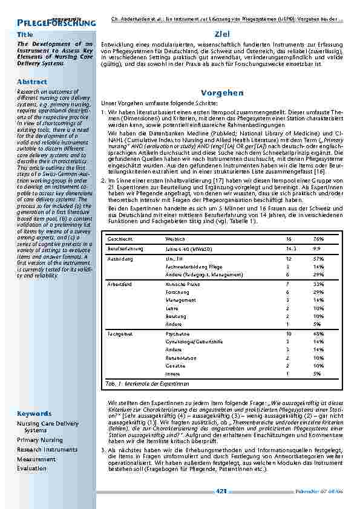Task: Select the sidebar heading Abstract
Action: click(x=28, y=81)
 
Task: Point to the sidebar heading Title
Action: click(x=25, y=35)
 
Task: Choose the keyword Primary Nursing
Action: click(x=40, y=440)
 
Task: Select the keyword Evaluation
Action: click(x=32, y=468)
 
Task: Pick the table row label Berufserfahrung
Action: click(x=123, y=248)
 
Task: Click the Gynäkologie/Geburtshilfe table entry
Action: click(x=191, y=341)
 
